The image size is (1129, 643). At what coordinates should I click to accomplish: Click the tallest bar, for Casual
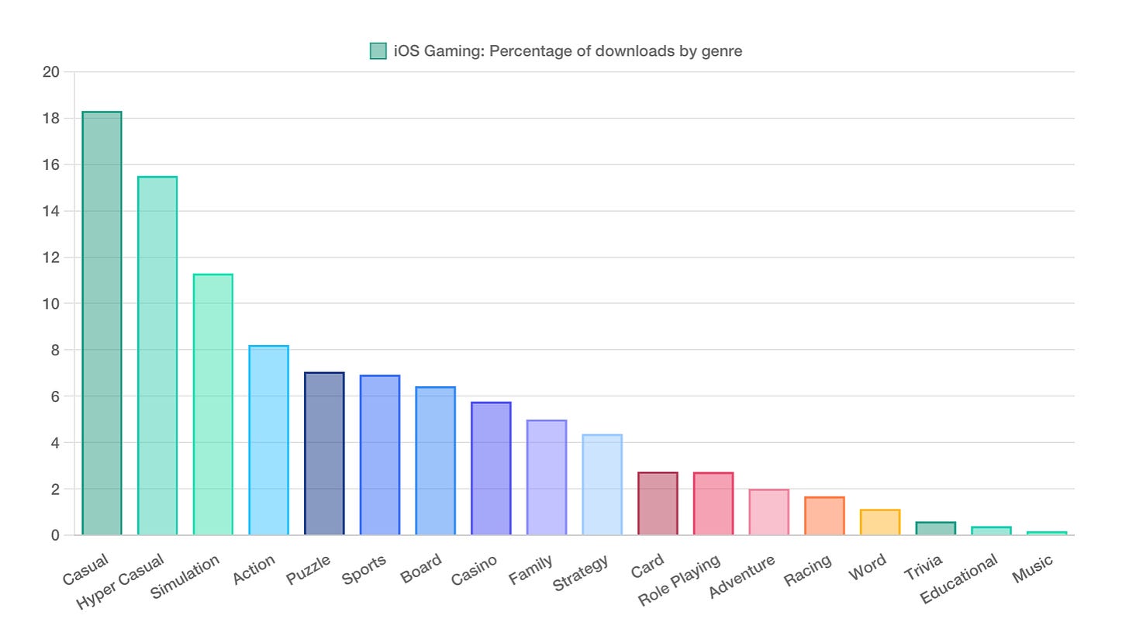pos(102,323)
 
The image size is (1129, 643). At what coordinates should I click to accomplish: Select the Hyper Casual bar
pos(157,356)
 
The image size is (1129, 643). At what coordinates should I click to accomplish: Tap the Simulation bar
pos(213,405)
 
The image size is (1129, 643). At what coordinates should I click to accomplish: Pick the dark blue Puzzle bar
pos(324,454)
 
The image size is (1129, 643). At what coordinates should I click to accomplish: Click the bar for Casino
pos(491,468)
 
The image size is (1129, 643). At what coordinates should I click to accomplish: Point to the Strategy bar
pos(602,485)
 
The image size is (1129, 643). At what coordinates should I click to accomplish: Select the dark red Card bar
pos(658,503)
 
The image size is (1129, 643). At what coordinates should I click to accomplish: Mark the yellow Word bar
pos(880,522)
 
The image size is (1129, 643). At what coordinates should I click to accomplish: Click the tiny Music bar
pos(1047,533)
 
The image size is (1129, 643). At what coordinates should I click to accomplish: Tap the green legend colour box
pos(378,51)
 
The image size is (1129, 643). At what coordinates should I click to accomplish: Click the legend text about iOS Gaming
pos(568,51)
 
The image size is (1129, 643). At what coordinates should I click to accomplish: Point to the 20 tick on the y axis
pos(50,72)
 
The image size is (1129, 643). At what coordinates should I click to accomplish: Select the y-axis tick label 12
pos(50,258)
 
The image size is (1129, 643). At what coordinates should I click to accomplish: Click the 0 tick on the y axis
pos(55,535)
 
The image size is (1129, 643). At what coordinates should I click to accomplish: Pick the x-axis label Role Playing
pos(680,580)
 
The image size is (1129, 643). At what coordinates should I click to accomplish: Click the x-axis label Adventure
pos(742,576)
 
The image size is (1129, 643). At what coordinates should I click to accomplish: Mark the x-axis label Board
pos(421,568)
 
